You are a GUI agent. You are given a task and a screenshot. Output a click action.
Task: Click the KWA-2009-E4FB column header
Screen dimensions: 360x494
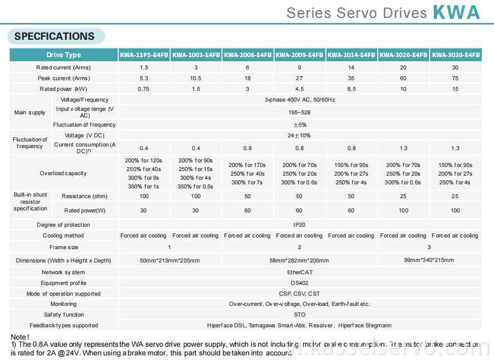point(300,55)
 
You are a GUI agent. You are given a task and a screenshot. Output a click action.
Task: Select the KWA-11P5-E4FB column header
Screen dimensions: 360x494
point(144,55)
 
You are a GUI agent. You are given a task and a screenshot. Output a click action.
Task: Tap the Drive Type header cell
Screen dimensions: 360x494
point(64,55)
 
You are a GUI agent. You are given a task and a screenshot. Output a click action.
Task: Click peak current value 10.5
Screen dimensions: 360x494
point(196,78)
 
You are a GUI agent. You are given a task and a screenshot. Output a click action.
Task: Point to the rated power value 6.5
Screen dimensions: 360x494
point(352,89)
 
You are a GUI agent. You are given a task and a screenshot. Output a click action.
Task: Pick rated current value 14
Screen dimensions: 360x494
point(352,67)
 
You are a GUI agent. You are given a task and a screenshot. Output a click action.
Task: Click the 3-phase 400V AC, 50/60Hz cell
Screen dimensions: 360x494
point(300,100)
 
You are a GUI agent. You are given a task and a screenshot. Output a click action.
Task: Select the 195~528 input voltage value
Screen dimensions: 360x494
point(300,112)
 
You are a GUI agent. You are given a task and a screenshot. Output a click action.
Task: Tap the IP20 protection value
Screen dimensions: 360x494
point(300,225)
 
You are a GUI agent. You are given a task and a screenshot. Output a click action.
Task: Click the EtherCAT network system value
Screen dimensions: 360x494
point(300,272)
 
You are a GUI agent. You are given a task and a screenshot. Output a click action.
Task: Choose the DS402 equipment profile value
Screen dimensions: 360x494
point(300,283)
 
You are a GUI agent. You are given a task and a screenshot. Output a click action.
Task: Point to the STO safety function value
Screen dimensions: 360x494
point(300,315)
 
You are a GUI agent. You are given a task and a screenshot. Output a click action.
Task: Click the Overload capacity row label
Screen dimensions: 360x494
point(63,173)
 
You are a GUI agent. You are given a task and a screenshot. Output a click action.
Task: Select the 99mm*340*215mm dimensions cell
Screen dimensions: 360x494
point(429,260)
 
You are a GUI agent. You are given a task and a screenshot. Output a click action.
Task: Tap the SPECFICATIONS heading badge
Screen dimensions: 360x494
point(55,36)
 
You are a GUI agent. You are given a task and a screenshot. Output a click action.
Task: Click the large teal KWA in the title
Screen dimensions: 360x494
point(456,12)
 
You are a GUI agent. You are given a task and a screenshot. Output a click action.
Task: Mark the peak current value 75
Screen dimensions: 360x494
point(455,78)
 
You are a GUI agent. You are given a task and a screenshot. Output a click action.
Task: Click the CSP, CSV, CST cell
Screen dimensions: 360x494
point(300,294)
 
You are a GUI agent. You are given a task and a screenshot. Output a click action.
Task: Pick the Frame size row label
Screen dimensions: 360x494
point(64,247)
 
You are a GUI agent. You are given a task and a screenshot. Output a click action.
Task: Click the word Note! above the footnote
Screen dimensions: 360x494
point(20,337)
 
